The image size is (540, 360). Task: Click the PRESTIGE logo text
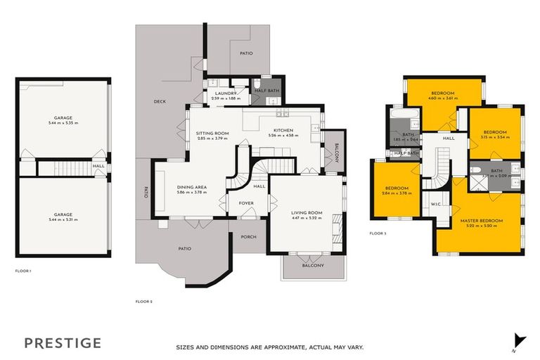(63, 343)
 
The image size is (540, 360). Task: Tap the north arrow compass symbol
(519, 340)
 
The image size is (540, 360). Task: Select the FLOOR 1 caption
(24, 271)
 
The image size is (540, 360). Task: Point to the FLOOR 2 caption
(143, 302)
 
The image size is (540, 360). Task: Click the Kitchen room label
(283, 131)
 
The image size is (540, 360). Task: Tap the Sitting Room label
(212, 133)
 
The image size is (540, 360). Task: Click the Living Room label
(307, 212)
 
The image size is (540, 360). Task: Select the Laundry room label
(224, 94)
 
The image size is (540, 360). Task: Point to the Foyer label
(246, 203)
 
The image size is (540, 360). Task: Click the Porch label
(248, 237)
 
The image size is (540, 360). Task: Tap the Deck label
(160, 102)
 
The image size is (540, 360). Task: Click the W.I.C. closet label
(436, 205)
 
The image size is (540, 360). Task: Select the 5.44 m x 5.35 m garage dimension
(63, 123)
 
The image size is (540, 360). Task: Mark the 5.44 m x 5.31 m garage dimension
(63, 220)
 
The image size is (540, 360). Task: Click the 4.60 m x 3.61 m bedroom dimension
(442, 98)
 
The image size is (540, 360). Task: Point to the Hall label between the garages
(98, 167)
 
